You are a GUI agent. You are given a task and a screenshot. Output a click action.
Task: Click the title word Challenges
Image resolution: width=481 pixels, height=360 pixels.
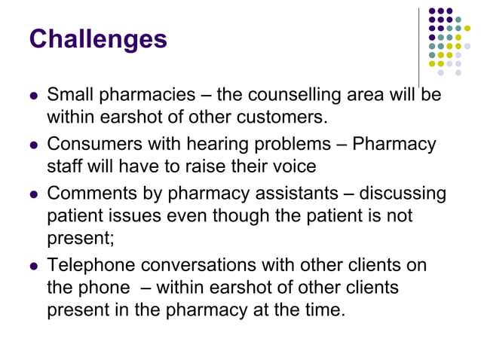pos(97,38)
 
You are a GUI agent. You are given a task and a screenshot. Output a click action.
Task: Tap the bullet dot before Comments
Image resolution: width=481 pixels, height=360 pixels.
pos(32,195)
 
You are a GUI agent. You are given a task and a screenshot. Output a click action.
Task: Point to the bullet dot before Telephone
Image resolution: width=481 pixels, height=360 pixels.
pos(32,267)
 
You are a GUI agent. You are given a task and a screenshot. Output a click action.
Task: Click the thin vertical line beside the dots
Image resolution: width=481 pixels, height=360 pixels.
pos(418,45)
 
